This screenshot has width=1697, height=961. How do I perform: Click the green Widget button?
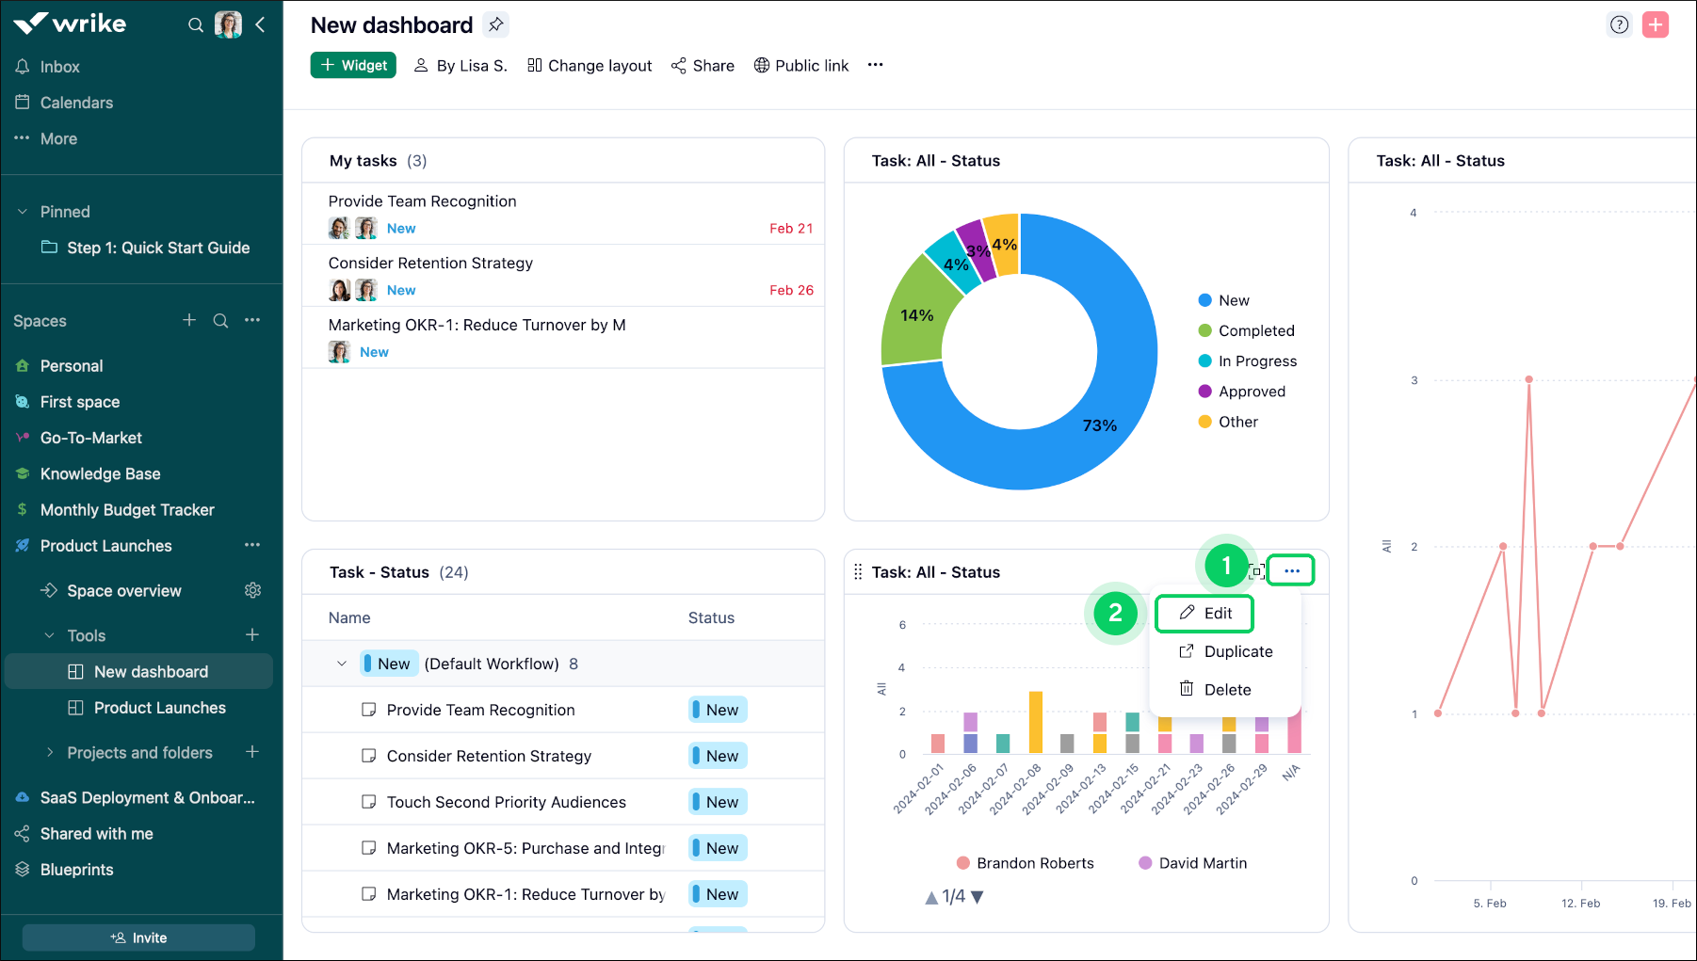coord(353,65)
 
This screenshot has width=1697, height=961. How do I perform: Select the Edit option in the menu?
coord(1205,613)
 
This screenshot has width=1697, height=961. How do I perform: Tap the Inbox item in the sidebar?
coord(59,67)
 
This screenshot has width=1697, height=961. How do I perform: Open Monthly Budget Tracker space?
coord(127,510)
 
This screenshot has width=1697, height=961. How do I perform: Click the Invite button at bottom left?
coord(138,937)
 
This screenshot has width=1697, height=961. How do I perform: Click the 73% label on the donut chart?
coord(1099,425)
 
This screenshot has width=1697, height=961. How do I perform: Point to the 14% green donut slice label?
coord(916,315)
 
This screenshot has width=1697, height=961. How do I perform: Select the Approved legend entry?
coord(1251,392)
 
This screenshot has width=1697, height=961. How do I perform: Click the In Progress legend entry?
coord(1256,361)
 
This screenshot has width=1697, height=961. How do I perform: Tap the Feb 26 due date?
coord(791,290)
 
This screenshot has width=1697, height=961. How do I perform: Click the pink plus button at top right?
coord(1655,24)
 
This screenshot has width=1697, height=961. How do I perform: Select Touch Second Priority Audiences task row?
coord(506,802)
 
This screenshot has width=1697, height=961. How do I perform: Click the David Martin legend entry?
coord(1202,863)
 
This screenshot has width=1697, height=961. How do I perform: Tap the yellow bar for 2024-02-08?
coord(1035,722)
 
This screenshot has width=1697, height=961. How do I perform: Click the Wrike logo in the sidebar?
coord(70,24)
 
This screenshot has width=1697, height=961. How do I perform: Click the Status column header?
coord(711,617)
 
